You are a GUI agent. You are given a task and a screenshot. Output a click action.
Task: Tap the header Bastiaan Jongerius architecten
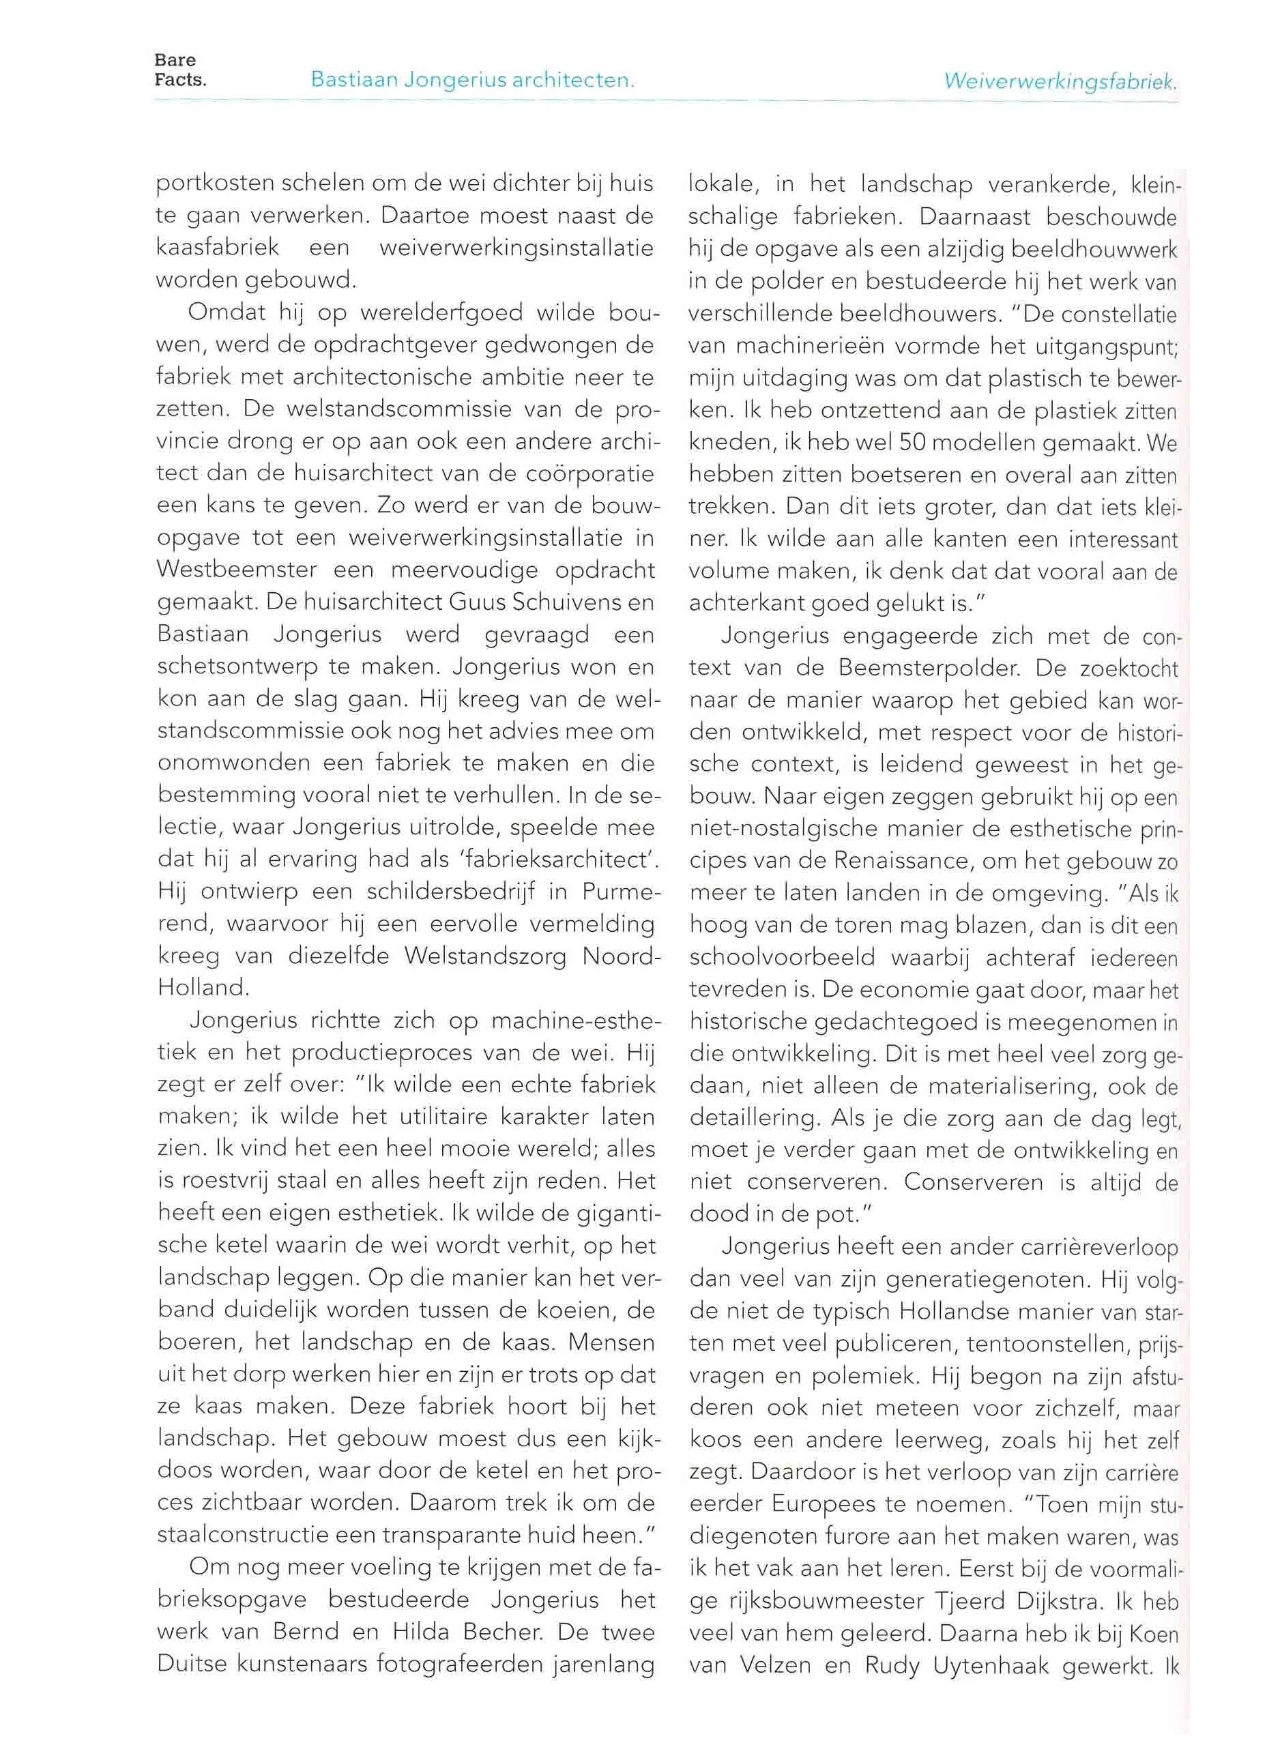472,80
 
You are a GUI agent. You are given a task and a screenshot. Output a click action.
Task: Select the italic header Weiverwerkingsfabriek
1060,80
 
